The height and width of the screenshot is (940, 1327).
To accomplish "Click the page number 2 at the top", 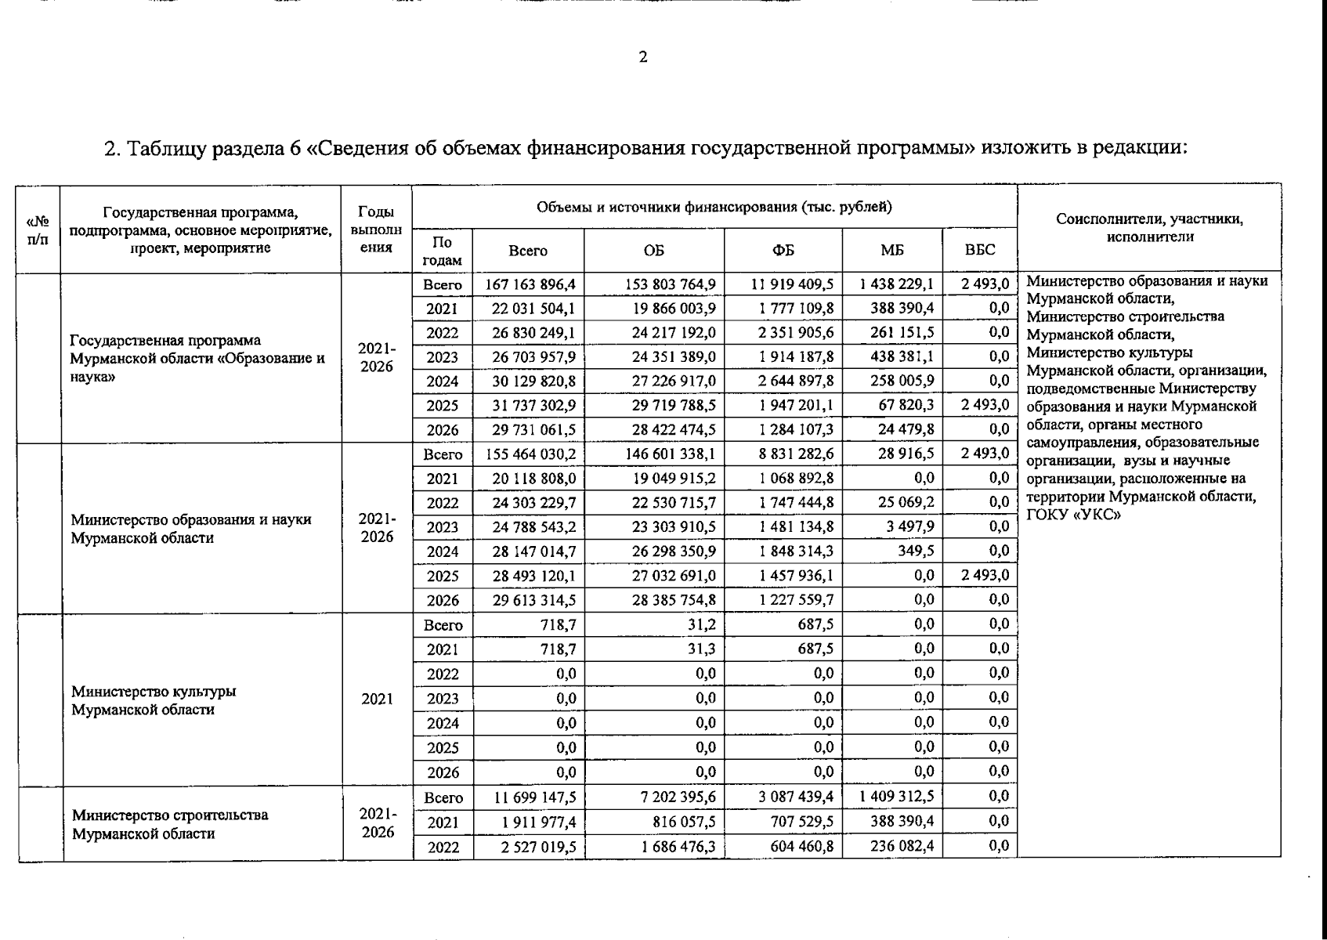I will pos(643,57).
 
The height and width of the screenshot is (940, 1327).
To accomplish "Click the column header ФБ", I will pos(783,251).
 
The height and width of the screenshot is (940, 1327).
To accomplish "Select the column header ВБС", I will pos(979,251).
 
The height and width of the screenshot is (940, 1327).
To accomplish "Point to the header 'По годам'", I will pos(442,251).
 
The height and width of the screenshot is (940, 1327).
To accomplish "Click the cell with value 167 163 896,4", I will pos(530,284).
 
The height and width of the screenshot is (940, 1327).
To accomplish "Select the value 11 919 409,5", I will pos(792,284).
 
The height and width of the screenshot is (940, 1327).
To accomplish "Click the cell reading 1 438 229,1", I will pos(896,284).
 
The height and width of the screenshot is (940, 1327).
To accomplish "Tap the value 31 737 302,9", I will pos(533,406).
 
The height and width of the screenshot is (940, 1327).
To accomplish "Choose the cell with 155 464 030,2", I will pos(530,454).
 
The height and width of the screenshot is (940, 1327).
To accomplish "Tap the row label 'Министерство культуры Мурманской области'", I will pos(154,700).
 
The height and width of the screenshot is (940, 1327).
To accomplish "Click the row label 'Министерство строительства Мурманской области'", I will pos(169,824).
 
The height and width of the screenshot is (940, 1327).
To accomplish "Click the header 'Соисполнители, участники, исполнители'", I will pos(1149,228).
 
